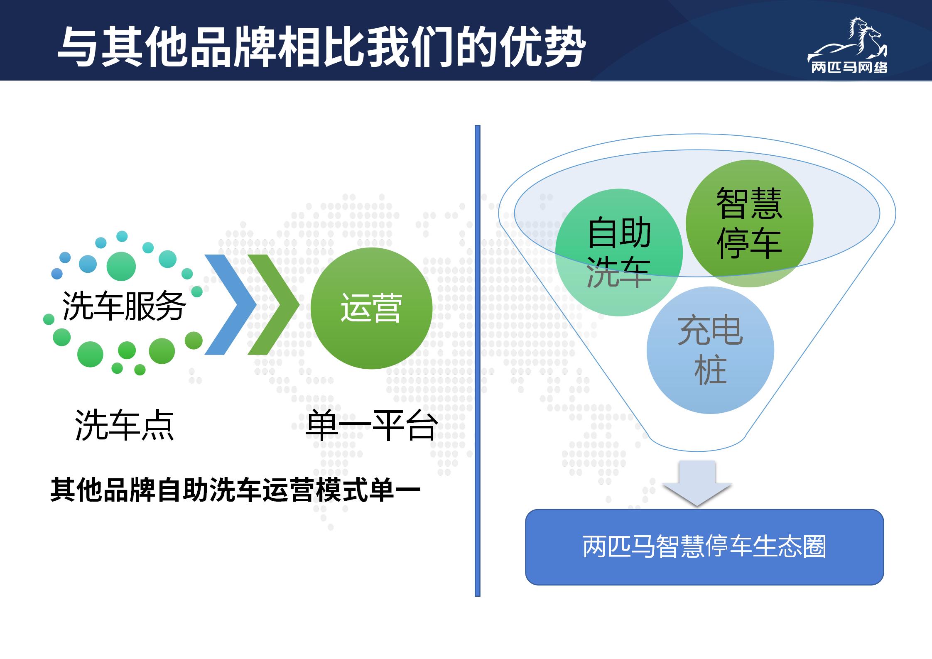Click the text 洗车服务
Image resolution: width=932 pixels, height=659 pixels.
coord(124,306)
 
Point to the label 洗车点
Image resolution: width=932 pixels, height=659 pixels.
coord(124,425)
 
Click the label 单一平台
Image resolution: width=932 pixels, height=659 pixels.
coord(371,425)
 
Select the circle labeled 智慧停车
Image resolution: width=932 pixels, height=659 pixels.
coord(749,223)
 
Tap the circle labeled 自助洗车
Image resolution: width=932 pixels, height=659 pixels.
coord(619,252)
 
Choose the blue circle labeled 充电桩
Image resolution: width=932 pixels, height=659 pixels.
coord(710,350)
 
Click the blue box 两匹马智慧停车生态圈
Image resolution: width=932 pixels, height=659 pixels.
coord(704,547)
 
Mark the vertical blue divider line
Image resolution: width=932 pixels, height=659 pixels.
coord(478,360)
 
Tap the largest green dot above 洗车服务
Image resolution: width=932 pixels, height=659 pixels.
coord(121,266)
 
